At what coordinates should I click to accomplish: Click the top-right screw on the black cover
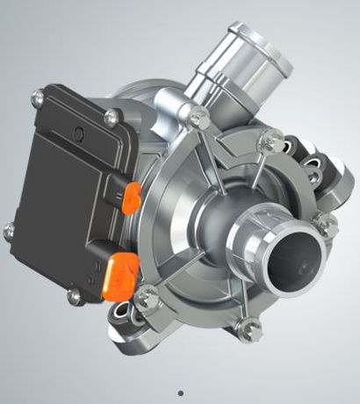(x=112, y=116)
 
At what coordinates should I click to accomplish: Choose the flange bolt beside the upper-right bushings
(x=273, y=139)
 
